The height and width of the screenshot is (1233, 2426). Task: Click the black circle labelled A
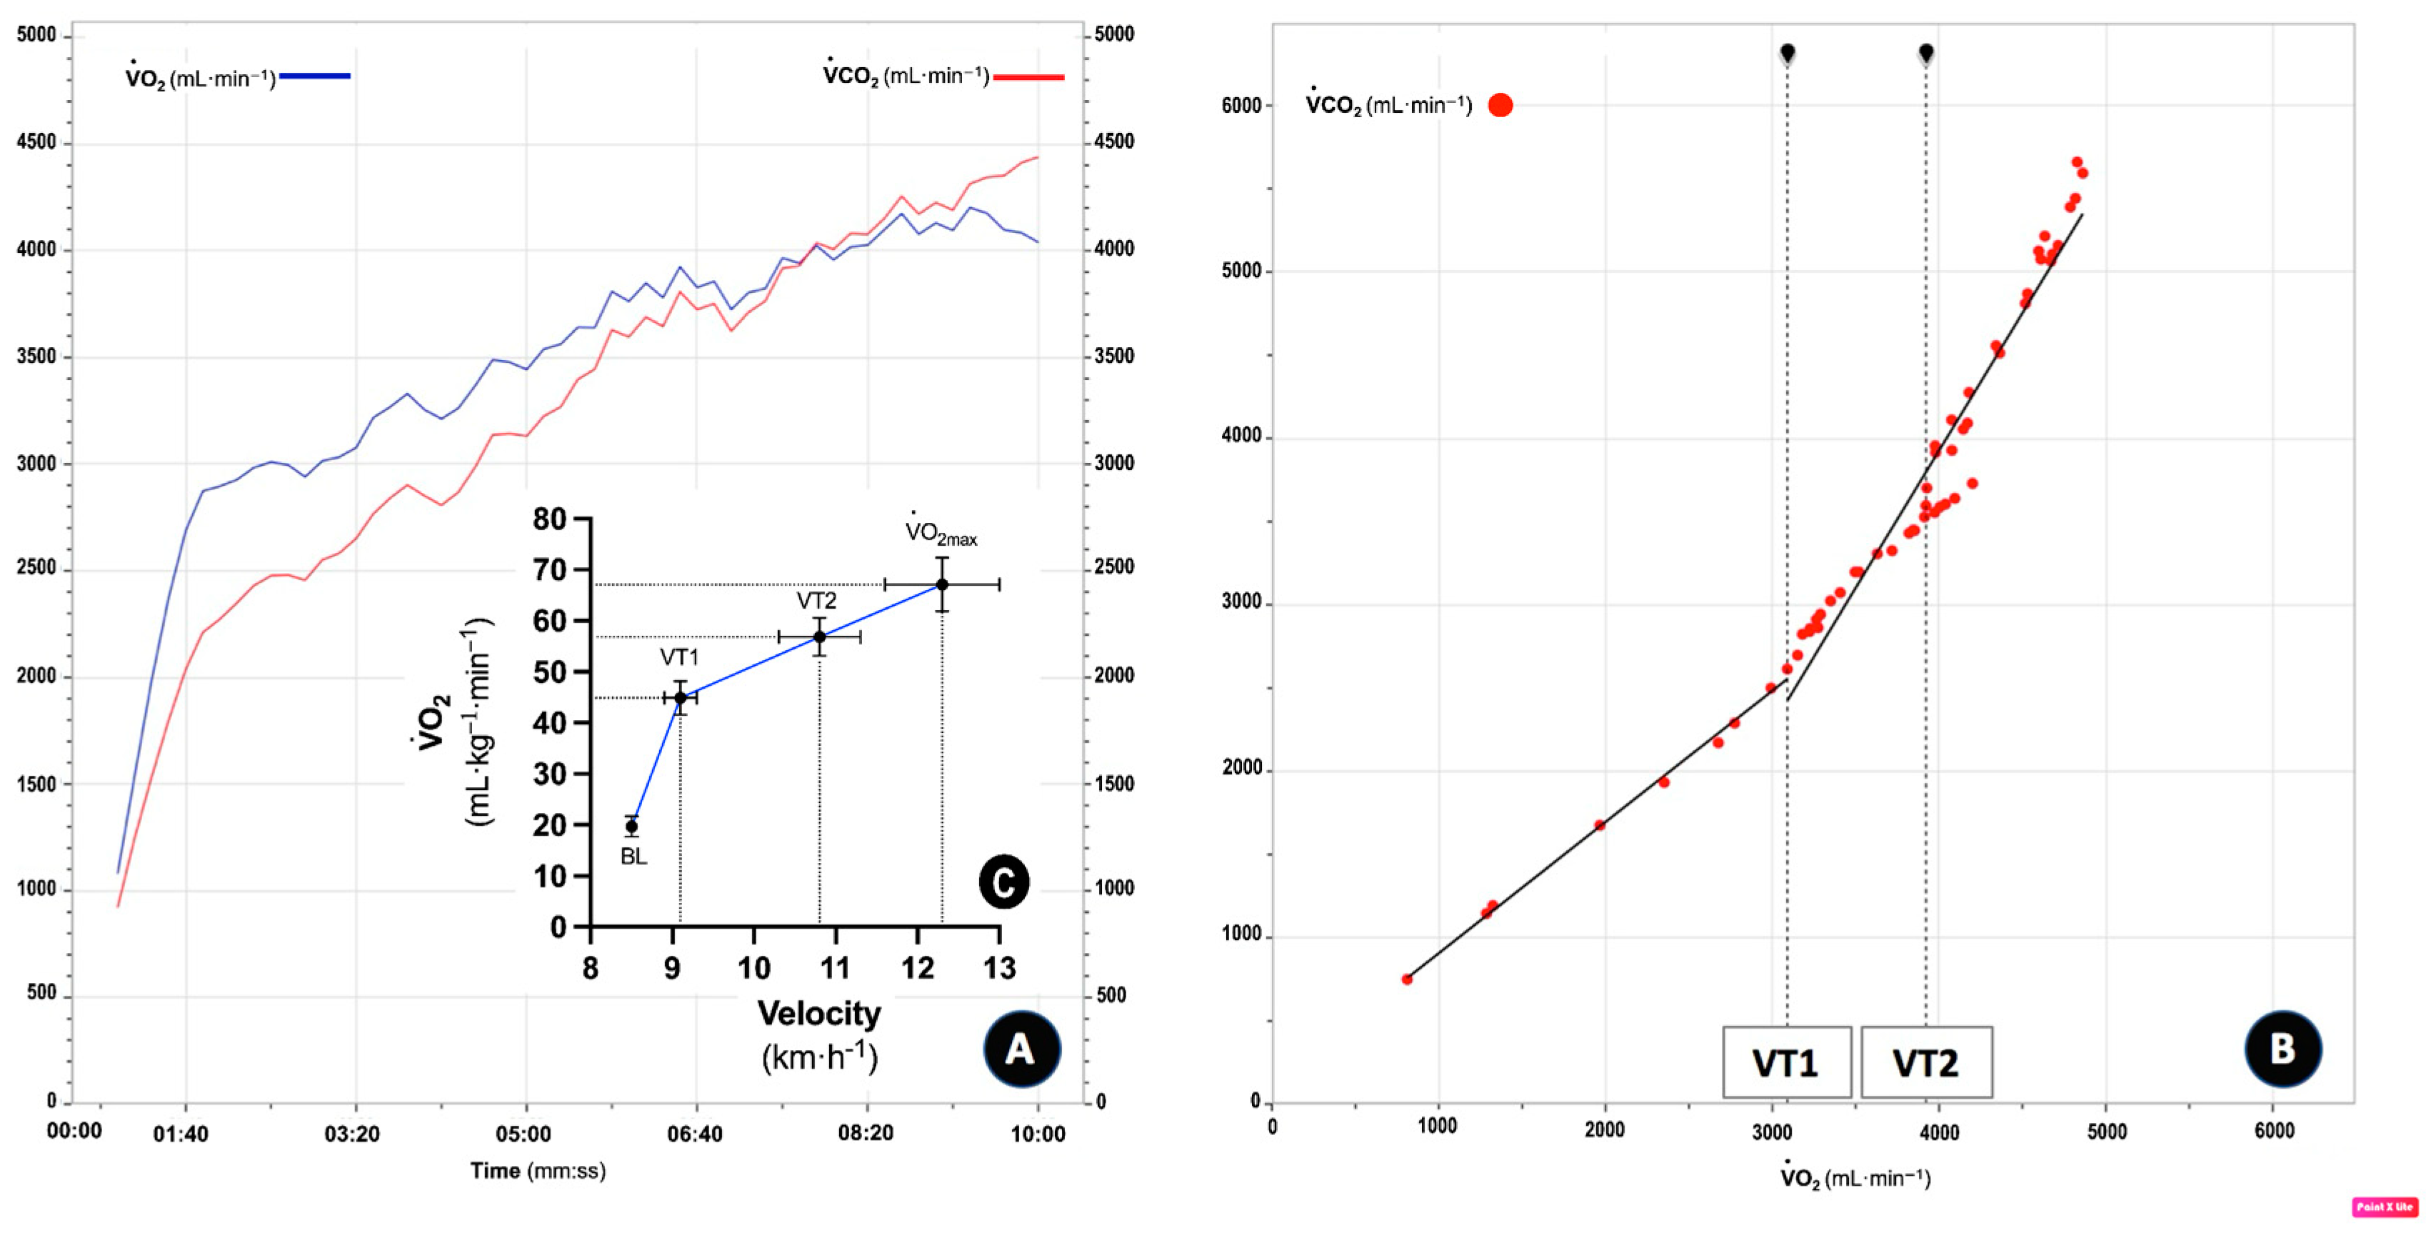coord(1021,1049)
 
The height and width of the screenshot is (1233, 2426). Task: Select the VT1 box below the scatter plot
coord(1785,1062)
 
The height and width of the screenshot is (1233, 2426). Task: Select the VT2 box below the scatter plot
coord(1926,1062)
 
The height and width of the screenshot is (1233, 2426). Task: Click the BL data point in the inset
coord(632,826)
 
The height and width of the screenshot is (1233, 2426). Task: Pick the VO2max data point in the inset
coord(942,585)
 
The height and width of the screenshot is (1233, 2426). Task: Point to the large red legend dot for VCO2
coord(1500,104)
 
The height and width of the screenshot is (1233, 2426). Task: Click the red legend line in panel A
coord(1028,77)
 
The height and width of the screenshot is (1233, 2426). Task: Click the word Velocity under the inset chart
coord(818,1014)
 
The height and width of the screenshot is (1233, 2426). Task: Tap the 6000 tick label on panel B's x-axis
coord(2273,1130)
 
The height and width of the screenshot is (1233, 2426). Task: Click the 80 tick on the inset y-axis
coord(549,519)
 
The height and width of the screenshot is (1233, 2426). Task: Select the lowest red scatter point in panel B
coord(1407,979)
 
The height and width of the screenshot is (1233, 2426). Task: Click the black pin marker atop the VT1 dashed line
coord(1788,52)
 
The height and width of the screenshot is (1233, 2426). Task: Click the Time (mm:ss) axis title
coord(538,1171)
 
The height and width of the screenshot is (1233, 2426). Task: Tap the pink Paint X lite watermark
coord(2385,1207)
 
